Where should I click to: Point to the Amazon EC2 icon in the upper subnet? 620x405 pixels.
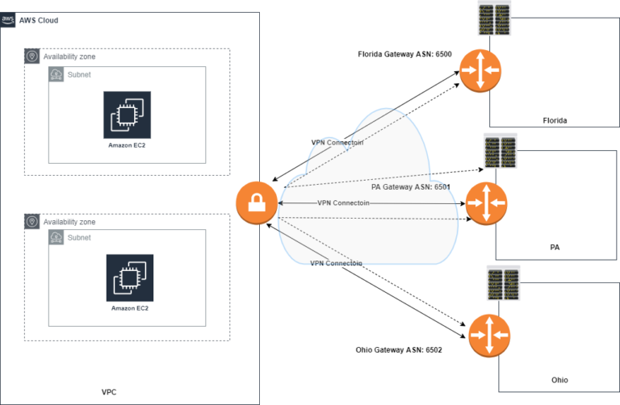[127, 115]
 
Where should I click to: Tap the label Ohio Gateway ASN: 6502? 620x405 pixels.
[399, 350]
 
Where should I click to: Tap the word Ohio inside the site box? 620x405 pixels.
[560, 379]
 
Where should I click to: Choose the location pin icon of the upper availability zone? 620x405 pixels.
[32, 56]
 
